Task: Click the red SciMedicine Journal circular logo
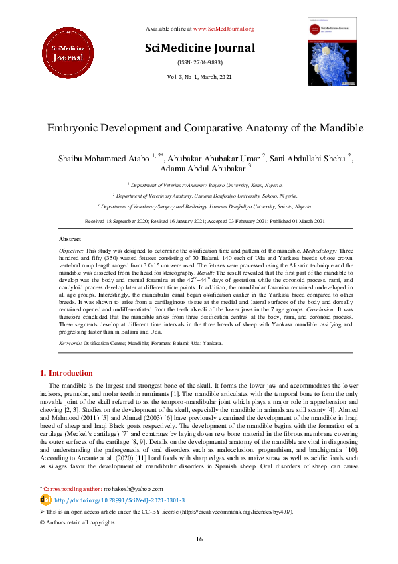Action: coord(65,49)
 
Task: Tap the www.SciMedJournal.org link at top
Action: coord(223,29)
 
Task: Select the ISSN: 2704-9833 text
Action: coord(199,62)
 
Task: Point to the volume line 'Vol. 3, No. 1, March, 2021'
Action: coord(199,78)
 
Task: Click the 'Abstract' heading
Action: coord(70,239)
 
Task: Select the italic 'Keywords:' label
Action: coord(70,343)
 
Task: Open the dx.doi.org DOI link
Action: coord(120,500)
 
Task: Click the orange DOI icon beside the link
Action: coord(45,500)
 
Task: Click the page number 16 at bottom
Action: coord(199,539)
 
